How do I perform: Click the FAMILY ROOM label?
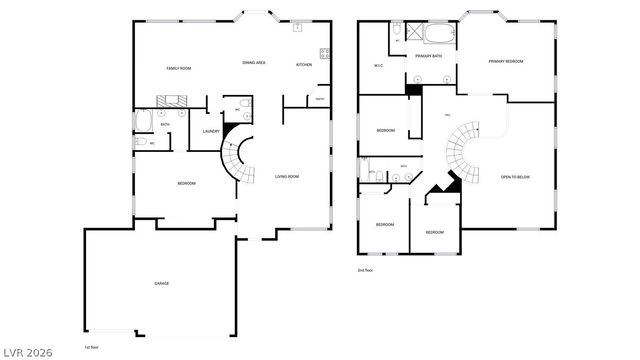(x=178, y=67)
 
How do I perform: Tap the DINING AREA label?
(x=253, y=63)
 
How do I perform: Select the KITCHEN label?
(x=303, y=65)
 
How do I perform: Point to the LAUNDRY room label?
(x=210, y=131)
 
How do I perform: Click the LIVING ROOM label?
(x=287, y=177)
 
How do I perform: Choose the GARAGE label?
(x=161, y=283)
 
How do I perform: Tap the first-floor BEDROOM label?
(x=186, y=183)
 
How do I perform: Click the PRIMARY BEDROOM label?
(x=505, y=62)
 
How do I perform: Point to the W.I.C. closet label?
(x=379, y=67)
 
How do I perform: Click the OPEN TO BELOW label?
(x=515, y=177)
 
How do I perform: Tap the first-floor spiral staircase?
(x=237, y=160)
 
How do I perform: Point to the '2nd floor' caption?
(x=365, y=270)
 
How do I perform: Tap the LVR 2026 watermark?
(x=27, y=351)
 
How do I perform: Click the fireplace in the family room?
(x=167, y=99)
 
